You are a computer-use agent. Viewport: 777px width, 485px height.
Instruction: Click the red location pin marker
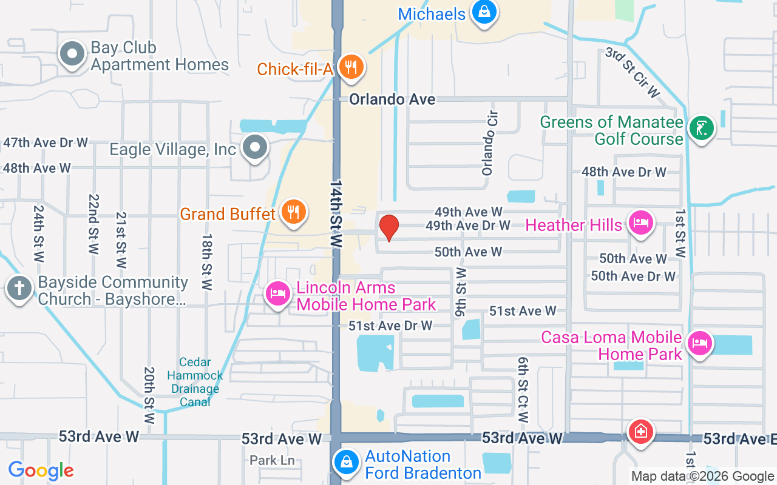pyautogui.click(x=388, y=227)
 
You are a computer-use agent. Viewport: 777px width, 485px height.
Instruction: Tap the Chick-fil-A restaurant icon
pyautogui.click(x=351, y=67)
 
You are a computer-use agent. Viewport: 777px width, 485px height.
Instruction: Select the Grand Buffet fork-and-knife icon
pyautogui.click(x=293, y=212)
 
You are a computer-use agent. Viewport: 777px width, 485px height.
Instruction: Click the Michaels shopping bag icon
pyautogui.click(x=484, y=12)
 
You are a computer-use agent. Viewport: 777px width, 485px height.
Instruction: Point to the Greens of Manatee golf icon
pyautogui.click(x=702, y=128)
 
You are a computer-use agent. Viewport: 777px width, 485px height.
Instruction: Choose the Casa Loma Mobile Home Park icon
pyautogui.click(x=700, y=344)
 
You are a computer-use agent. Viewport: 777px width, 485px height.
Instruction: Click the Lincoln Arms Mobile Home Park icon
pyautogui.click(x=278, y=295)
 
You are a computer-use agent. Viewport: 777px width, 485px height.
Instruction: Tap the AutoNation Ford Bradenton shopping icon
pyautogui.click(x=346, y=463)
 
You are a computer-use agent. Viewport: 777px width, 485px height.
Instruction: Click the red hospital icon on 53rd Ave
pyautogui.click(x=640, y=432)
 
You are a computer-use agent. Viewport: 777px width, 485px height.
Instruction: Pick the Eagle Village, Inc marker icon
pyautogui.click(x=255, y=147)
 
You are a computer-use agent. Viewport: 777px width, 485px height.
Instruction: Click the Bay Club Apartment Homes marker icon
pyautogui.click(x=72, y=54)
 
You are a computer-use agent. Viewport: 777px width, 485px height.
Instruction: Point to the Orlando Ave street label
pyautogui.click(x=392, y=99)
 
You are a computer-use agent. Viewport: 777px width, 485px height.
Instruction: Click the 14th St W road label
pyautogui.click(x=337, y=213)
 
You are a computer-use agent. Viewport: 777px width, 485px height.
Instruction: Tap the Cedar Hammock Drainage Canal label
pyautogui.click(x=195, y=382)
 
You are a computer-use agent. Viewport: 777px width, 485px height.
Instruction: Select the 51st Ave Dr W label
pyautogui.click(x=390, y=326)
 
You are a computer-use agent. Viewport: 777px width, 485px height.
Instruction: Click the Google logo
pyautogui.click(x=41, y=470)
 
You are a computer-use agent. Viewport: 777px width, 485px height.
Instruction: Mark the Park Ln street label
pyautogui.click(x=272, y=461)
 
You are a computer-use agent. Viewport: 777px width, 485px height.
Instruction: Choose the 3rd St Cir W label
pyautogui.click(x=632, y=73)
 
